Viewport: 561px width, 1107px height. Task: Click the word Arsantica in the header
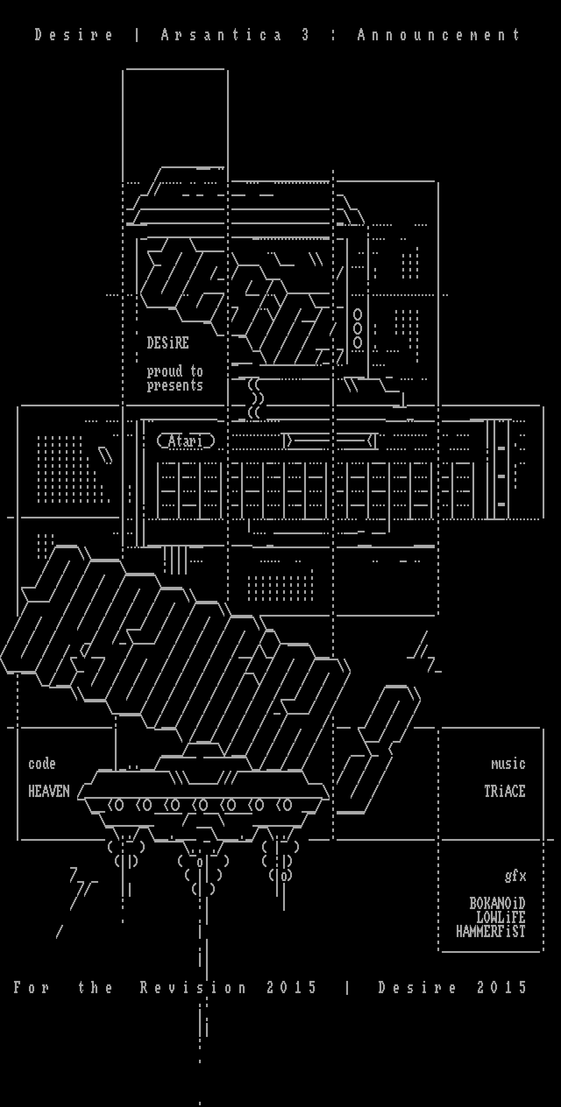coord(221,35)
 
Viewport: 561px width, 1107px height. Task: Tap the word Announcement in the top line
coord(439,35)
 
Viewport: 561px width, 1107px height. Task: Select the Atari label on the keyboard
coord(186,441)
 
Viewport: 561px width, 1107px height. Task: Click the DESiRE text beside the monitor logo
coord(168,343)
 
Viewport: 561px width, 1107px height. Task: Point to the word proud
coord(165,372)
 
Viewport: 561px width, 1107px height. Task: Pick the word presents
coord(175,386)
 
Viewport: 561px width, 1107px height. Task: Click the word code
coord(42,764)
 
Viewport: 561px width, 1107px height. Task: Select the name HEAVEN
coord(49,791)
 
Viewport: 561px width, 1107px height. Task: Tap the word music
coord(508,764)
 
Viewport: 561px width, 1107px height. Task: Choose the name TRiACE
coord(505,791)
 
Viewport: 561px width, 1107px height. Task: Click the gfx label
coord(515,876)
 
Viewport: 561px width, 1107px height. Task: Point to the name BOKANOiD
coord(497,903)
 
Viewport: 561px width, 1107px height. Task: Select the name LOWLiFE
coord(501,917)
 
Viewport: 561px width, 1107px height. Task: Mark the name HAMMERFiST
coord(490,931)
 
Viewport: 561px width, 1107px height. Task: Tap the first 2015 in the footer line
coord(291,987)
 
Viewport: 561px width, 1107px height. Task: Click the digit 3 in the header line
coord(305,35)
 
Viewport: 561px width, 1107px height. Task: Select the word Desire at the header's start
coord(74,35)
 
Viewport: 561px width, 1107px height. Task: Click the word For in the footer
coord(32,987)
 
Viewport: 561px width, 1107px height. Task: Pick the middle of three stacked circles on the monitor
coord(358,328)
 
